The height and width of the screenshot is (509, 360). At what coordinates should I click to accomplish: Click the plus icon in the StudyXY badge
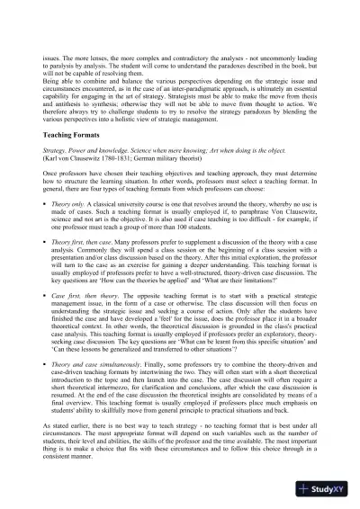point(308,492)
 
